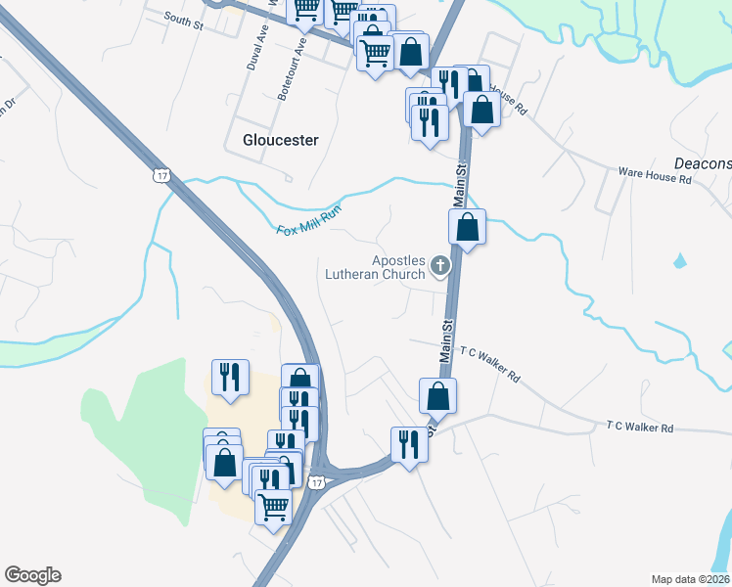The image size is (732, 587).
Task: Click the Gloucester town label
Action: coord(280,140)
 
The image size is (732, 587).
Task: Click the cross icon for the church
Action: coord(440,265)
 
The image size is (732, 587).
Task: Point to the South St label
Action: coord(182,19)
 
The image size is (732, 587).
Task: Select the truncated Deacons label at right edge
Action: coord(703,162)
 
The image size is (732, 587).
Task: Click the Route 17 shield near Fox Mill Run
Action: coord(161,174)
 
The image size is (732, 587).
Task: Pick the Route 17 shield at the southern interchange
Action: coord(315,482)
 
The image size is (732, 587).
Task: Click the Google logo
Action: coord(32,575)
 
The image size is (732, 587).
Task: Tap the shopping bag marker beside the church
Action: coord(468,228)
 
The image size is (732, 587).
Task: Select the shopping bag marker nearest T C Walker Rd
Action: coord(437,396)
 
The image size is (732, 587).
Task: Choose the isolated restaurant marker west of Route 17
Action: coord(230,377)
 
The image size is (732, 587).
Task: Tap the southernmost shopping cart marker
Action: coord(273,505)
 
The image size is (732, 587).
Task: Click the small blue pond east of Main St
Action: coord(678,262)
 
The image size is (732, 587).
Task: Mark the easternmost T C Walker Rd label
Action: coord(640,427)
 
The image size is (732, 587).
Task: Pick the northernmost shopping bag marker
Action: coord(411,50)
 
